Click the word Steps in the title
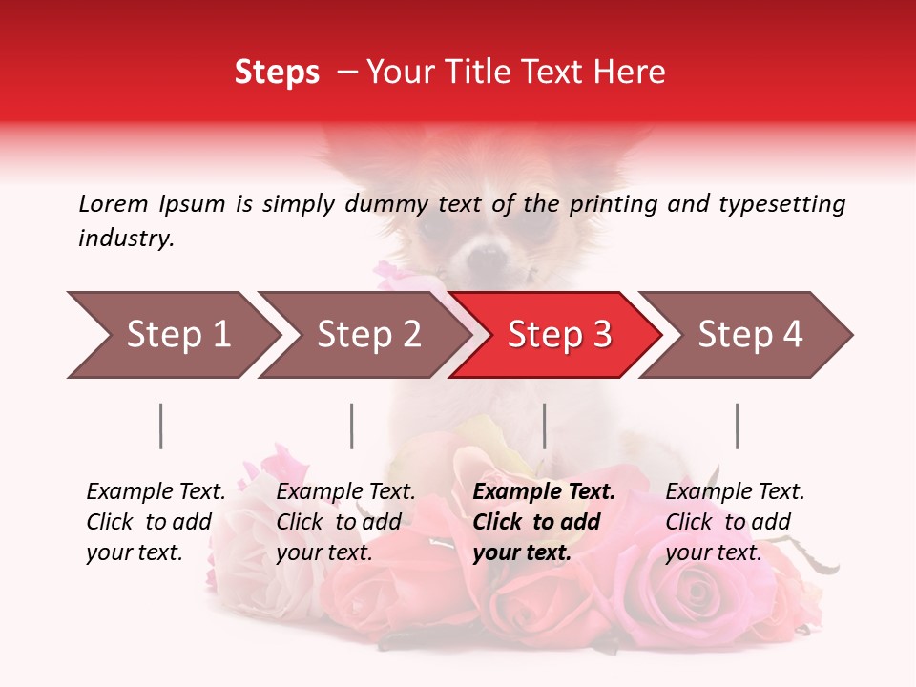[x=277, y=73]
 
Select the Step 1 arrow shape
[x=172, y=335]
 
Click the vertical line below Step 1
[x=161, y=426]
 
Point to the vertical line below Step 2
[x=352, y=426]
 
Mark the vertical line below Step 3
[x=544, y=426]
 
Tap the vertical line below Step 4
[x=737, y=426]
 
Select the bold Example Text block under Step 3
[x=544, y=522]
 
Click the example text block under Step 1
[x=156, y=522]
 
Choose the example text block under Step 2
[x=345, y=522]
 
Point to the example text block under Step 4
[x=735, y=522]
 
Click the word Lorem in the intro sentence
[x=113, y=203]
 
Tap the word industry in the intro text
[x=125, y=239]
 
